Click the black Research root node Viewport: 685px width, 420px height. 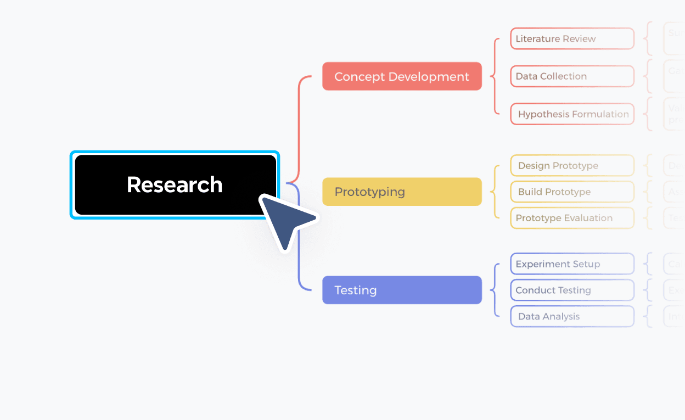175,184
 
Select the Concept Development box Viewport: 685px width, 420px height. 402,76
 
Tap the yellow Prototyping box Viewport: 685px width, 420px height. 402,192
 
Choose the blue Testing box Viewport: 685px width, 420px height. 402,290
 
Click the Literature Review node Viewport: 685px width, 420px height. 572,39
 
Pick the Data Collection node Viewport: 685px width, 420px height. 572,76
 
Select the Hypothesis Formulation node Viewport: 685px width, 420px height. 572,114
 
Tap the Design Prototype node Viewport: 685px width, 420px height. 572,166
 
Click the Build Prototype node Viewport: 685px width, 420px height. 572,192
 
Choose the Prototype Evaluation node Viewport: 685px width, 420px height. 572,218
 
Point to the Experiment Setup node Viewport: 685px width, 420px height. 572,264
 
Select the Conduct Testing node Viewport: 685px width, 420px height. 572,290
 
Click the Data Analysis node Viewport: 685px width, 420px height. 572,316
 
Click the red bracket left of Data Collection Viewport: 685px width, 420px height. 495,76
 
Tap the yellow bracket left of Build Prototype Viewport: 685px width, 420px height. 495,192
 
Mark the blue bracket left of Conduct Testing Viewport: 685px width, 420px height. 495,290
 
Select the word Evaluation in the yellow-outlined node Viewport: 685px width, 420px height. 588,218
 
